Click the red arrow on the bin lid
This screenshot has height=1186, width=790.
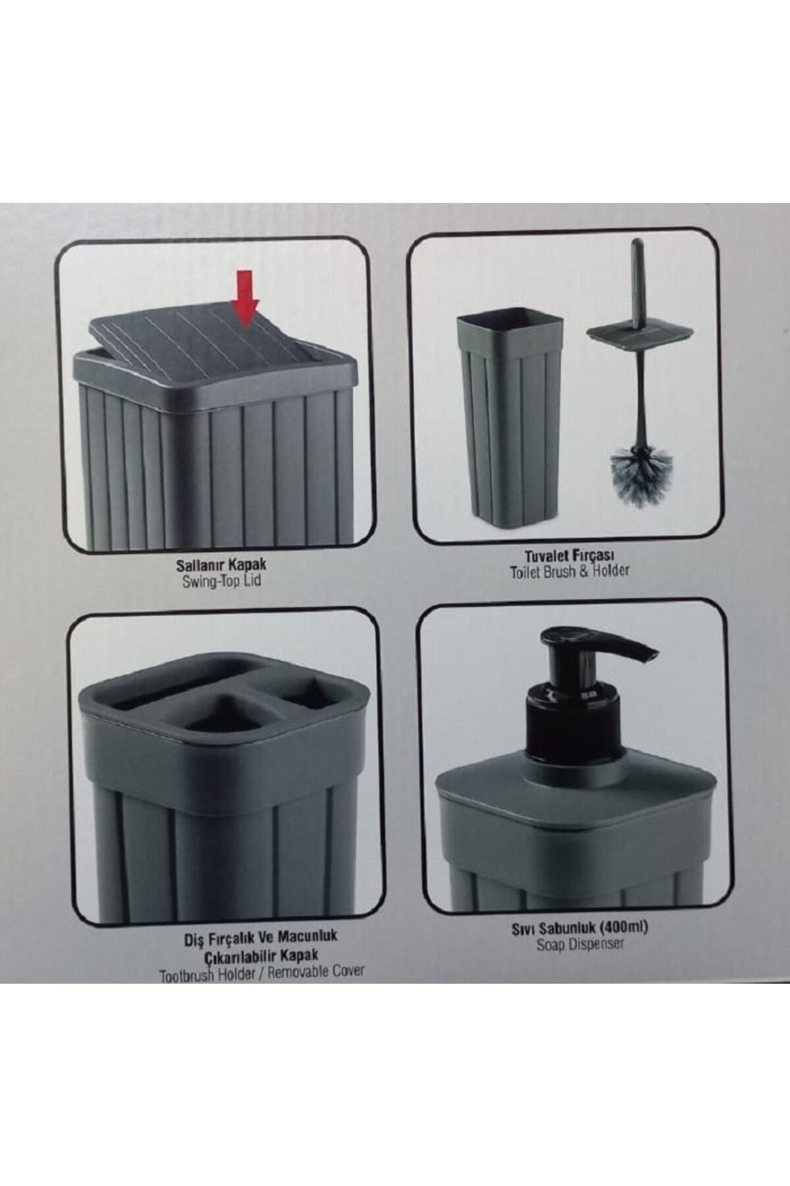[245, 298]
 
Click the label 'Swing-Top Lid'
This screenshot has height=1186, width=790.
[221, 581]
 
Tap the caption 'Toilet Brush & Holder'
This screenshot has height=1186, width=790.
[569, 571]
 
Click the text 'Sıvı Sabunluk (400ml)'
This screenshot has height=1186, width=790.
[580, 928]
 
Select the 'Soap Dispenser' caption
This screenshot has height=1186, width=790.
[580, 944]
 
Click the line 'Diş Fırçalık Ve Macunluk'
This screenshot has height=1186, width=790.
[261, 937]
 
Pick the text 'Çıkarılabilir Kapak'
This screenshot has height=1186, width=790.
[261, 954]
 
